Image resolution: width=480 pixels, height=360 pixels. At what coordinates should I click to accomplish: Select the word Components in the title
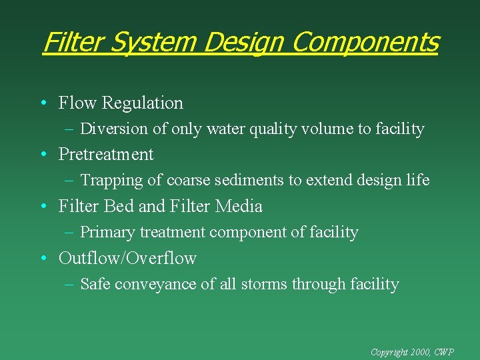tap(365, 43)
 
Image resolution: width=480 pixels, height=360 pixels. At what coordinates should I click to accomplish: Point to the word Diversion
tap(111, 129)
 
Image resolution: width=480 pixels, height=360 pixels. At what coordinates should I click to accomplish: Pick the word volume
tap(328, 129)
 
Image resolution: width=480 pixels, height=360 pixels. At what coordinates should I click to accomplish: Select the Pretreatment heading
tap(106, 155)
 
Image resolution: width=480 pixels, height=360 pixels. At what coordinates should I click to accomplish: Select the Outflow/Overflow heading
tap(127, 259)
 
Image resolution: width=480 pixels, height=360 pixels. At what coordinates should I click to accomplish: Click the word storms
tap(272, 285)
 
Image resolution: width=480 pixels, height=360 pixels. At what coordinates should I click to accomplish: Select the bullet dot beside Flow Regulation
tap(43, 104)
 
